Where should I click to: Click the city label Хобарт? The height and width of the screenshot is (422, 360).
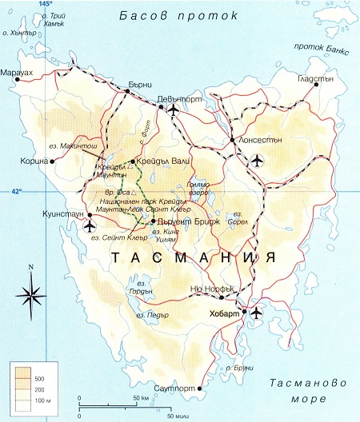point(225,313)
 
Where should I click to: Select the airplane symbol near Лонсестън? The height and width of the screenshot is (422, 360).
point(257,161)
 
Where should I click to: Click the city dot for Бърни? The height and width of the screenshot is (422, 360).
point(126,92)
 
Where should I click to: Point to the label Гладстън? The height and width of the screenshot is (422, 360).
point(317,79)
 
